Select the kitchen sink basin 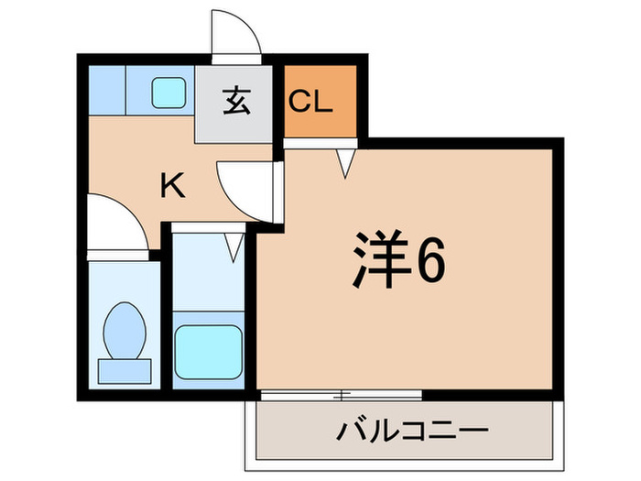(x=168, y=90)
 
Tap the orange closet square (x=317, y=101)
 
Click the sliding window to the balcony (x=341, y=395)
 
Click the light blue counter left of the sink (x=106, y=89)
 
